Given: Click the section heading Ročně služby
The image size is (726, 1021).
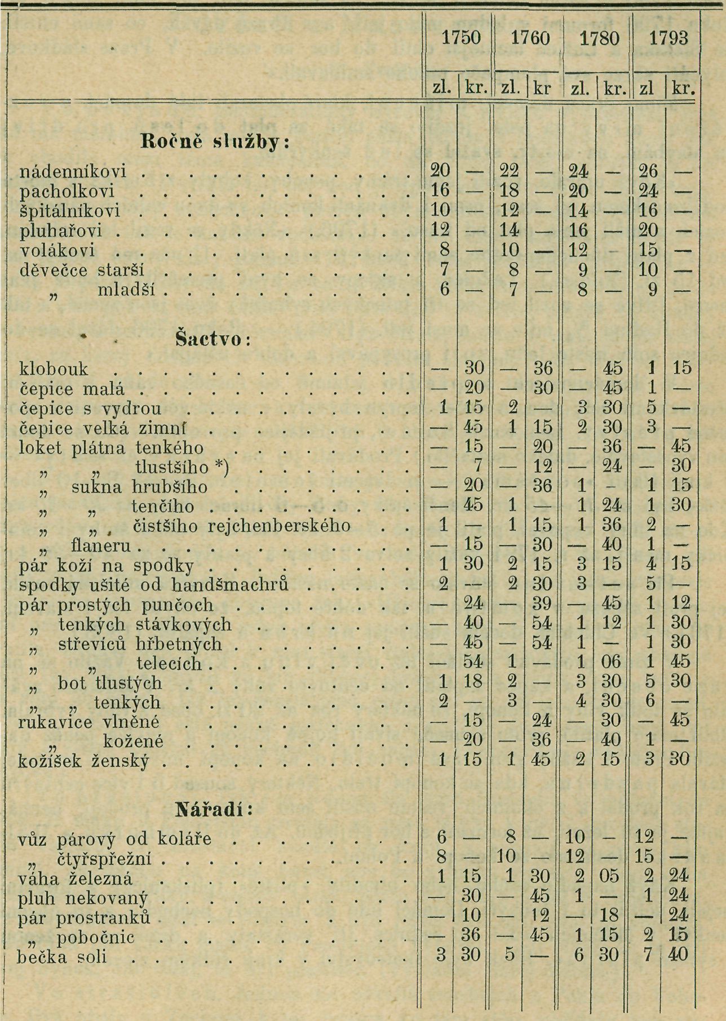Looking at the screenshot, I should coord(214,143).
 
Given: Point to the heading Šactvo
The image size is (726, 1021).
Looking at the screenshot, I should coord(209,340).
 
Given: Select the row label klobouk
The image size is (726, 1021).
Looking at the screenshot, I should coord(54,369).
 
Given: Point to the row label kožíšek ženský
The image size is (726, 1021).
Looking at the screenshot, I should coord(84,761).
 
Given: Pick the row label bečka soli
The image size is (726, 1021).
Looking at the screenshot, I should coord(63,957).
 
